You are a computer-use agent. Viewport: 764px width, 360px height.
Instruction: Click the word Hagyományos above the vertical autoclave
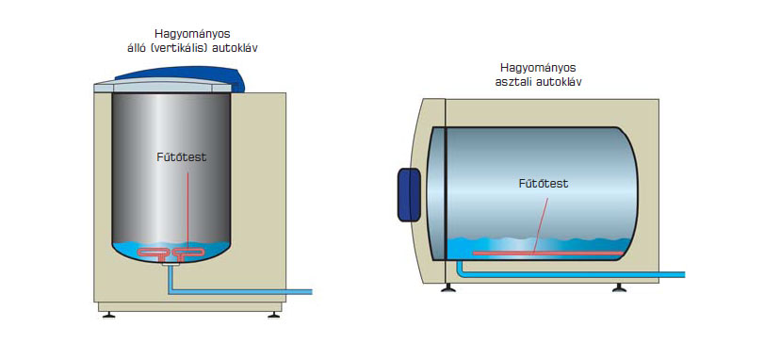pyautogui.click(x=192, y=35)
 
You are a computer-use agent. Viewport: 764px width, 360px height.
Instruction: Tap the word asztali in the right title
pyautogui.click(x=513, y=81)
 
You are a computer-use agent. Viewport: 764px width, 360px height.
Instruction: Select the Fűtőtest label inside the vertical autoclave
pyautogui.click(x=181, y=157)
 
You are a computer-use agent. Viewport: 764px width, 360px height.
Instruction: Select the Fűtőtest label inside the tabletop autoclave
pyautogui.click(x=543, y=184)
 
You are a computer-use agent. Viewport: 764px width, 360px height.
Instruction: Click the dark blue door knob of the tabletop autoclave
pyautogui.click(x=409, y=195)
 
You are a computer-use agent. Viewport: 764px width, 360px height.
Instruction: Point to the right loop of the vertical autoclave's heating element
pyautogui.click(x=190, y=253)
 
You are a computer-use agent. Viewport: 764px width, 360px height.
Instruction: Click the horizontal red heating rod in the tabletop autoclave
pyautogui.click(x=547, y=254)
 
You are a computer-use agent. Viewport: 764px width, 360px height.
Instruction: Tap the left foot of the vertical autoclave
pyautogui.click(x=108, y=315)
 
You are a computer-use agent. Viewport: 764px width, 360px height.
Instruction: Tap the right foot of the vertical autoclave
pyautogui.click(x=274, y=315)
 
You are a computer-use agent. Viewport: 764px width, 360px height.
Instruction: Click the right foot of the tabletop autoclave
pyautogui.click(x=619, y=288)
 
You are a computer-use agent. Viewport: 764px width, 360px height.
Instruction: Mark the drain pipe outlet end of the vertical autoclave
pyautogui.click(x=311, y=292)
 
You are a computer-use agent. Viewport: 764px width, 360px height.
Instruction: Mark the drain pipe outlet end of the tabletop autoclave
pyautogui.click(x=684, y=275)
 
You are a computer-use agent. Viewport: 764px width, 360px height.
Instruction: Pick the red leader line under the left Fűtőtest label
pyautogui.click(x=187, y=208)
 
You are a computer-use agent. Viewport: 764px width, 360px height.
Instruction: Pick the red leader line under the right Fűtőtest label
pyautogui.click(x=540, y=224)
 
